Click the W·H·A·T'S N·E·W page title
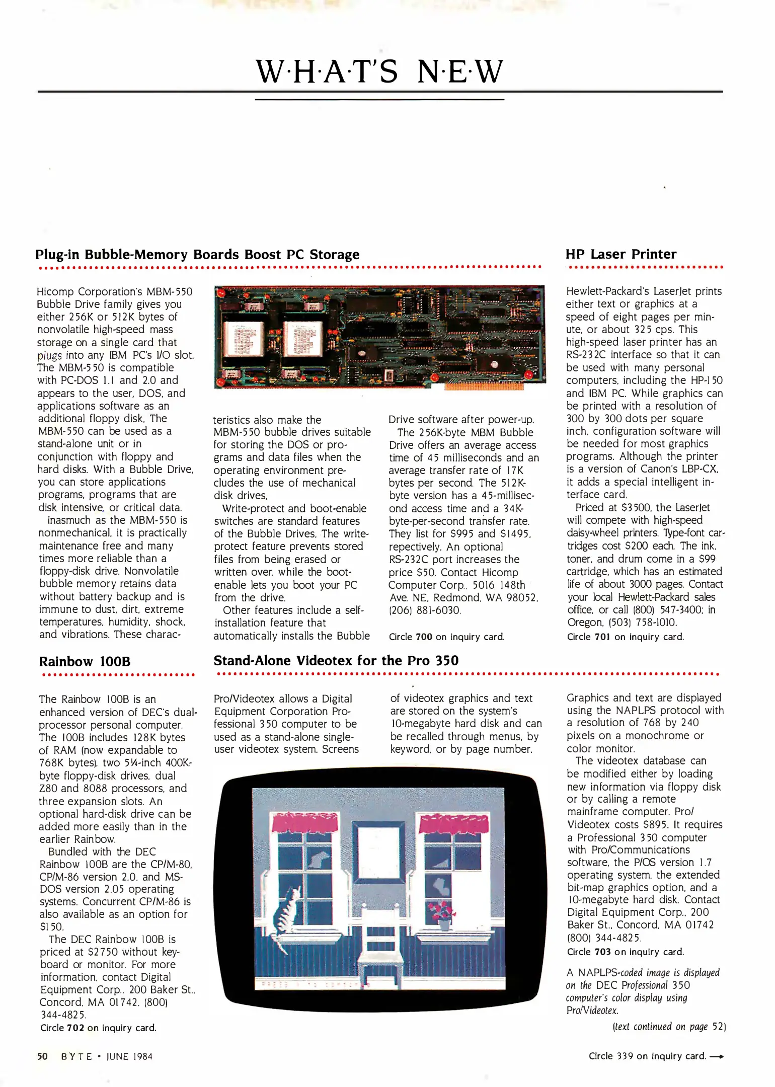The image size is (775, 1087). (x=379, y=71)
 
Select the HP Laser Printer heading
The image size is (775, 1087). (x=621, y=254)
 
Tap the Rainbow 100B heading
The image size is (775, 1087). (x=85, y=661)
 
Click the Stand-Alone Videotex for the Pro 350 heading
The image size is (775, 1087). (x=336, y=660)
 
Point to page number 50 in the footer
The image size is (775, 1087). (x=42, y=1056)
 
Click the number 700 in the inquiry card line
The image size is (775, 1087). (x=424, y=637)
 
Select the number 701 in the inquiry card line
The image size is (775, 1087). (x=602, y=637)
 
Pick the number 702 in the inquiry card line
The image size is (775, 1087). (x=75, y=1028)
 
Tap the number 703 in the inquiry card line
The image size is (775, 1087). (x=602, y=952)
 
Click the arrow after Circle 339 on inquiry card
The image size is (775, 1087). (x=717, y=1056)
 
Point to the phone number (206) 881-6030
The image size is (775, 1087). (x=424, y=610)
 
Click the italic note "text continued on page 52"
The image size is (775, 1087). (x=669, y=1027)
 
